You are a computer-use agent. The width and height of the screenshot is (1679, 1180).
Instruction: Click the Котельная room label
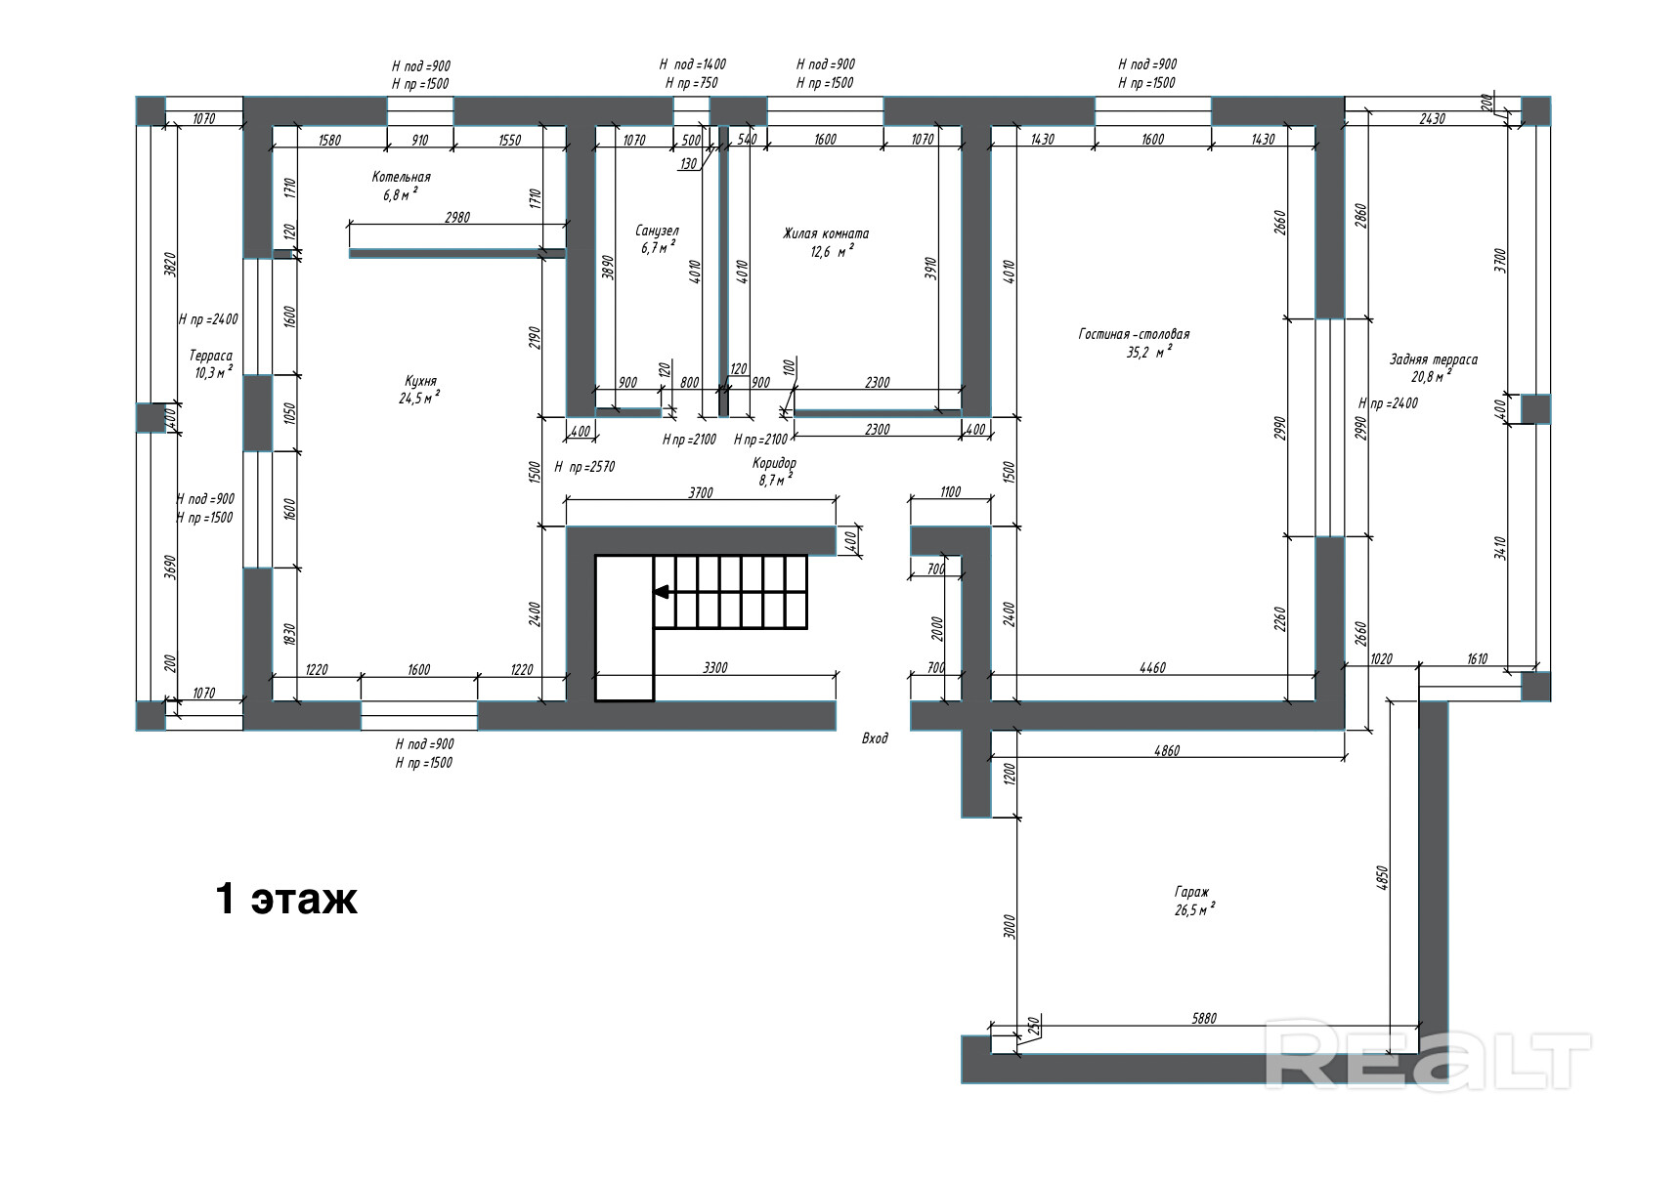click(x=401, y=177)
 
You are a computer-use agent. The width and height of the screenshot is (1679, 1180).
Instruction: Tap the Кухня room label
click(x=421, y=381)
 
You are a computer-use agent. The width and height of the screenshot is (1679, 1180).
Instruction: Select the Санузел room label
click(x=657, y=232)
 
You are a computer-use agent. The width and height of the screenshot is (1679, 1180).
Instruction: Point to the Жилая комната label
click(x=826, y=234)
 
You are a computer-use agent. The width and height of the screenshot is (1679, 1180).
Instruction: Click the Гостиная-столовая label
click(x=1134, y=334)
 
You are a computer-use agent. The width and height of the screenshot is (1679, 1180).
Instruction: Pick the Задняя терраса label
click(x=1434, y=359)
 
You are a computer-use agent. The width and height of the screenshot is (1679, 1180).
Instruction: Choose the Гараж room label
click(x=1192, y=892)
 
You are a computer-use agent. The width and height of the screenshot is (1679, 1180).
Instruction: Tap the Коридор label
click(x=774, y=463)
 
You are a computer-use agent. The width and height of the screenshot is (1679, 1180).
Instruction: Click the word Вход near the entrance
click(x=875, y=738)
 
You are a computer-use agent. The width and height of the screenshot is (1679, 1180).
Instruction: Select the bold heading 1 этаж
click(x=286, y=899)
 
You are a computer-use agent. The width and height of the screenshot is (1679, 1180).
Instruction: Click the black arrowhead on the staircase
click(x=662, y=591)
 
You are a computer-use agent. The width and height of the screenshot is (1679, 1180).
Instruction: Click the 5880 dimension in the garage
click(x=1204, y=1018)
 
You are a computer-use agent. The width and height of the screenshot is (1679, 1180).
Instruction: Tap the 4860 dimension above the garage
click(x=1167, y=751)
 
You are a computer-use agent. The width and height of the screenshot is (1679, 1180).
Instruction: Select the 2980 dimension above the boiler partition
click(x=457, y=217)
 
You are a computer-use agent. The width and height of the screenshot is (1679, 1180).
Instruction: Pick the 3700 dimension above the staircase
click(x=701, y=493)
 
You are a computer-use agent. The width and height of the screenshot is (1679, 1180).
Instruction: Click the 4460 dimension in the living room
click(x=1152, y=668)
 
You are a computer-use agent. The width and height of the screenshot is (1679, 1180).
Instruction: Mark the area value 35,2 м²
click(x=1149, y=353)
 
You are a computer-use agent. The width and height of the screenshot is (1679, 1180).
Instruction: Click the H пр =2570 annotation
click(x=584, y=467)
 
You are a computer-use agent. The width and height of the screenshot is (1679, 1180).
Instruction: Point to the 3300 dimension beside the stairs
click(x=715, y=668)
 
